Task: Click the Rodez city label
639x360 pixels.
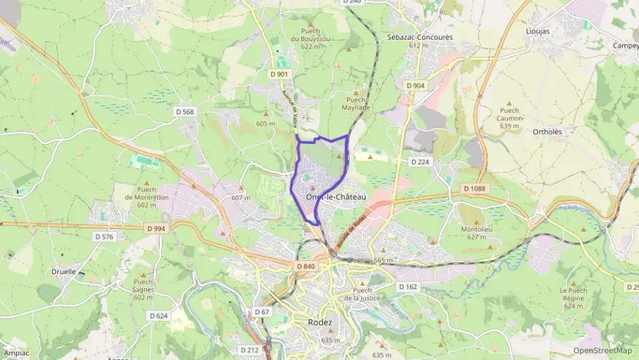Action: (320, 322)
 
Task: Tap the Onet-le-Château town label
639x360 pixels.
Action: (336, 197)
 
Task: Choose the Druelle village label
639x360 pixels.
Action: (63, 271)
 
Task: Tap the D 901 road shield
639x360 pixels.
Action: (279, 74)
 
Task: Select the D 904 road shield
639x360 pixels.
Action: (415, 85)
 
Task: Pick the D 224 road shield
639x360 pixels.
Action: (420, 162)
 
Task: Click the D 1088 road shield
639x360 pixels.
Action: (474, 188)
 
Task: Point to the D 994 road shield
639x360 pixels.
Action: (155, 229)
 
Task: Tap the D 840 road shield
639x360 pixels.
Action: (306, 266)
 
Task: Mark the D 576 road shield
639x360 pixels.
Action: (104, 236)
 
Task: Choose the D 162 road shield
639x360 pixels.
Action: (408, 287)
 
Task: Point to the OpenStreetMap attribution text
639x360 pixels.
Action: (602, 350)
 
